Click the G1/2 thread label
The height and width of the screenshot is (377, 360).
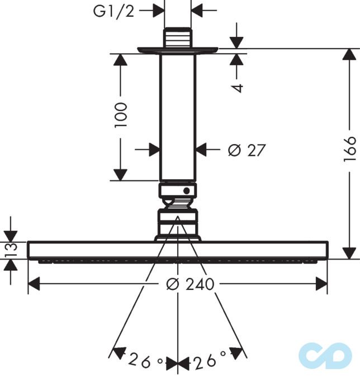point(113,11)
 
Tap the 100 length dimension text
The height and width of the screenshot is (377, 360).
point(120,115)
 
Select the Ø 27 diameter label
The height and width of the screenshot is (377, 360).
point(247,150)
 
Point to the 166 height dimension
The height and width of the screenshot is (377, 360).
point(349,149)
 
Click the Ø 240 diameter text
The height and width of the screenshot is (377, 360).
point(190,284)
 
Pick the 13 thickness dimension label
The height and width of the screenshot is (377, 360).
point(12,250)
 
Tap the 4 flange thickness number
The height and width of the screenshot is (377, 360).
point(238,88)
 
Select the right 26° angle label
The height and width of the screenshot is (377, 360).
point(210,360)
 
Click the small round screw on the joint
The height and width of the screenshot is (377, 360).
point(187,191)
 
